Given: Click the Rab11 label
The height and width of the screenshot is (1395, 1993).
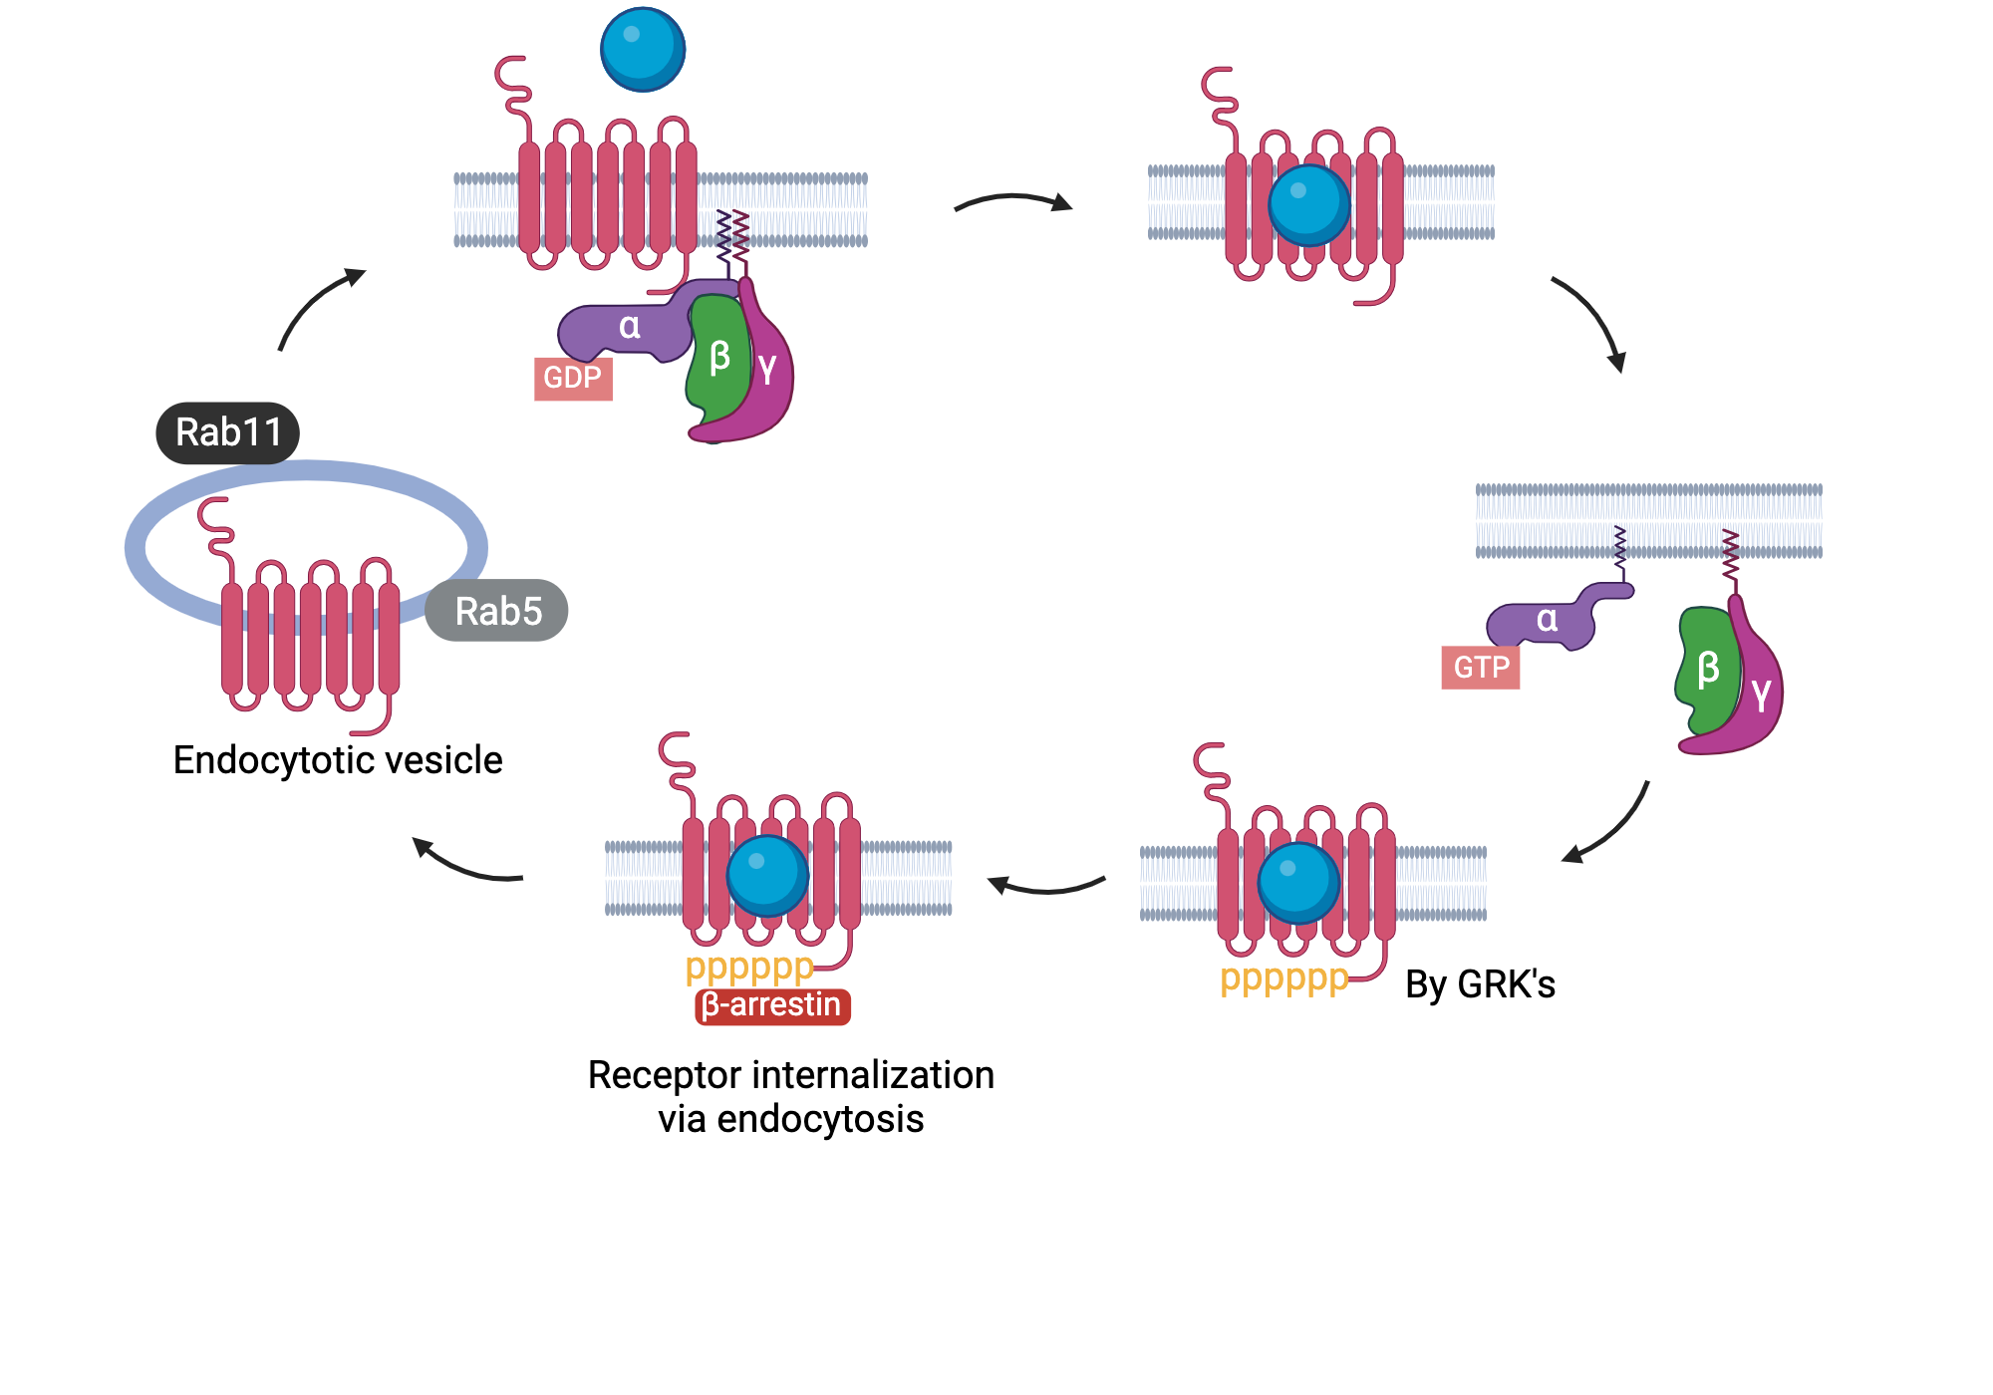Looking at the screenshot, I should point(228,432).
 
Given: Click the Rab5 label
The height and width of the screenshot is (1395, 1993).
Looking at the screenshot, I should point(497,611).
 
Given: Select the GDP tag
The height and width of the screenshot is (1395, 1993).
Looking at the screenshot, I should point(573,378).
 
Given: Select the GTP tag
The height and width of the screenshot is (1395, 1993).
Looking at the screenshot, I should point(1481,667).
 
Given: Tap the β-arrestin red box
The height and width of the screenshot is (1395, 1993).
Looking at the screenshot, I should point(772,1005).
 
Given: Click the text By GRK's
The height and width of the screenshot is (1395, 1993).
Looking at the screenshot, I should point(1480,984).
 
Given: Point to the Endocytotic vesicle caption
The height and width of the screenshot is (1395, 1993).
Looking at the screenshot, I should point(338,760).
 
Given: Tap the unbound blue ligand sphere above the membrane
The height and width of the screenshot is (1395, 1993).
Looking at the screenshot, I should point(643,49).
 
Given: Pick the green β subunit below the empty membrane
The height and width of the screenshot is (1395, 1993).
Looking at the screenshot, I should point(1707,669).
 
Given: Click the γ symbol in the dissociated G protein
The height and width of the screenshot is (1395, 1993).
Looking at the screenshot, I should point(1762,694).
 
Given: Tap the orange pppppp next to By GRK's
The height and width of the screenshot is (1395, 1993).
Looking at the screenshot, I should point(1283,978).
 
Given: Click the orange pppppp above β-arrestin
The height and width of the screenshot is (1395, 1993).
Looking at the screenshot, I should point(749,967).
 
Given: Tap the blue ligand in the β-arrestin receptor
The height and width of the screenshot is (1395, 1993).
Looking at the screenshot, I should point(767,875).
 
